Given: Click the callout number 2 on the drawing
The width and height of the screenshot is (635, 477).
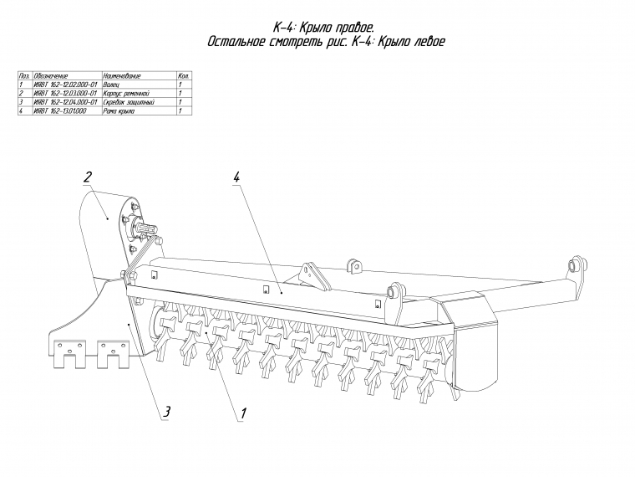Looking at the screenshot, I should coord(86,177).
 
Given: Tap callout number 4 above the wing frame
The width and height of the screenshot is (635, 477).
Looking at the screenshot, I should coord(237,177).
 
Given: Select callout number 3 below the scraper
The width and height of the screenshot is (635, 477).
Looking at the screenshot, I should coord(166,411).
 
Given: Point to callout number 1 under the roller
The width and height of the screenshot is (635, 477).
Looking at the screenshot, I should coord(243,413).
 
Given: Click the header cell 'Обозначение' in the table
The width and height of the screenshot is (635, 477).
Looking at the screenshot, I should coord(51,76).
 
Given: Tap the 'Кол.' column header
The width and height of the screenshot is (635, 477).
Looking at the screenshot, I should coord(185,76).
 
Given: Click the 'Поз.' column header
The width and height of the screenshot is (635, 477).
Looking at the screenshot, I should coord(23,76).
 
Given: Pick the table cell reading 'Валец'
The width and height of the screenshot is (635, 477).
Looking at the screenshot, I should coord(112,85).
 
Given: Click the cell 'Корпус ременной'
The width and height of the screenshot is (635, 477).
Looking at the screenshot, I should coord(125,93).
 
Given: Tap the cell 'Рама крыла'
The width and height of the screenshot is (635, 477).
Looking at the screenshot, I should coord(119,110).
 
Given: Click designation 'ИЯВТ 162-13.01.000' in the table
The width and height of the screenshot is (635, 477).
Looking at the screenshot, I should coord(61,110).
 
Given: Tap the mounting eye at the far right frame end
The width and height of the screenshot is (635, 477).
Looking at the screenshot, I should coord(574,264).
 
